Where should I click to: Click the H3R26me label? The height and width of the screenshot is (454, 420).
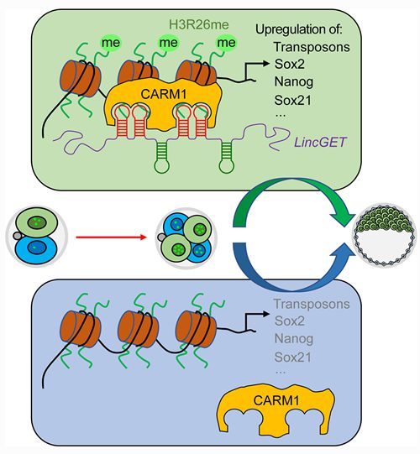(x=198, y=24)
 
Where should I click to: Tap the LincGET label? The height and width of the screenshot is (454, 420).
(x=320, y=142)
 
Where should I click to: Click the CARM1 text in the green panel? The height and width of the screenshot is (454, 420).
(x=164, y=94)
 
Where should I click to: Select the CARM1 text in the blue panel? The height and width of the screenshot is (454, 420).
(x=276, y=401)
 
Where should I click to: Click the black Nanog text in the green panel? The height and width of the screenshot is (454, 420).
(x=294, y=82)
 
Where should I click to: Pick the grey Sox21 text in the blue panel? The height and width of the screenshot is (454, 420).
(x=292, y=357)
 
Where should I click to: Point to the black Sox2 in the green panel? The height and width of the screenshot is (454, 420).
(x=289, y=64)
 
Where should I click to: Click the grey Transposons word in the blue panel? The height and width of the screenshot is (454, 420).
(x=312, y=304)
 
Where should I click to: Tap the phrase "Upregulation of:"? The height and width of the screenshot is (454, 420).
(x=298, y=29)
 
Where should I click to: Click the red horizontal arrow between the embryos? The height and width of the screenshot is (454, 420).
(x=111, y=237)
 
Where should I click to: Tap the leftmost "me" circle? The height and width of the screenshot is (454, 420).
(x=111, y=43)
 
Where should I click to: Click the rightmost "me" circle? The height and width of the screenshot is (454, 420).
(x=226, y=43)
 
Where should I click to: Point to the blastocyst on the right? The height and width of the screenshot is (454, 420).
(x=384, y=235)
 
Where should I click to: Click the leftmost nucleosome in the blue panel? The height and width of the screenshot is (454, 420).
(x=80, y=329)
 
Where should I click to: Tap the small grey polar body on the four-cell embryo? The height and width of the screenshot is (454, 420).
(x=161, y=237)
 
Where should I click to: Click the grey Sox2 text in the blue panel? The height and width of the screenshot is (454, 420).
(x=289, y=321)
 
